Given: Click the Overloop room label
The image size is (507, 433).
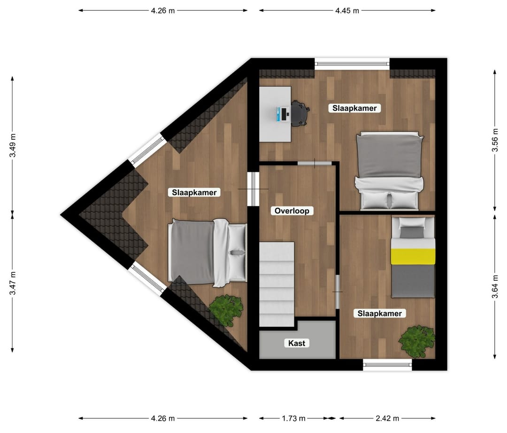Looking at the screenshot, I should [x=292, y=211].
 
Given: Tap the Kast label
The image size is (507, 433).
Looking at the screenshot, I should [x=297, y=343].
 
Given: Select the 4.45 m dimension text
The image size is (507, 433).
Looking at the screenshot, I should [x=347, y=10].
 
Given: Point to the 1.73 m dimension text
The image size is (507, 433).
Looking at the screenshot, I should [x=294, y=418].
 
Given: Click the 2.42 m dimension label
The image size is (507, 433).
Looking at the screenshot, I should [x=387, y=418].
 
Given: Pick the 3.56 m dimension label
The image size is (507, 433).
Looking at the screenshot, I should [x=495, y=141].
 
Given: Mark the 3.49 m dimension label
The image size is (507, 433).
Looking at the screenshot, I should [x=13, y=145].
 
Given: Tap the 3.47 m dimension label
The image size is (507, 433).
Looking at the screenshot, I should [x=13, y=283].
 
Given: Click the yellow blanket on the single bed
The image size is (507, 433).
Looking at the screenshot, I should [x=413, y=257].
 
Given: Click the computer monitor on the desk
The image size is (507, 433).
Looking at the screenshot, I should [x=283, y=113].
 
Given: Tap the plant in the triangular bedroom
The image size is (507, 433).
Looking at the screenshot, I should [x=226, y=309].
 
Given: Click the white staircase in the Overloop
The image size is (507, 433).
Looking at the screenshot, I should [x=277, y=283].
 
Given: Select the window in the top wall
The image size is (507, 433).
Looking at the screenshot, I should [x=352, y=63].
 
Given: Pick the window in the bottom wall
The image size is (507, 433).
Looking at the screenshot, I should [x=387, y=364].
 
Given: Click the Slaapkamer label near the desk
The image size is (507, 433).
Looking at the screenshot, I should [x=354, y=108].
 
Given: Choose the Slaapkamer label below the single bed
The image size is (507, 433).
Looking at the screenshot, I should [x=381, y=313].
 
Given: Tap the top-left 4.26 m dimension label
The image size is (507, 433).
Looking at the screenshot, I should [x=163, y=10].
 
